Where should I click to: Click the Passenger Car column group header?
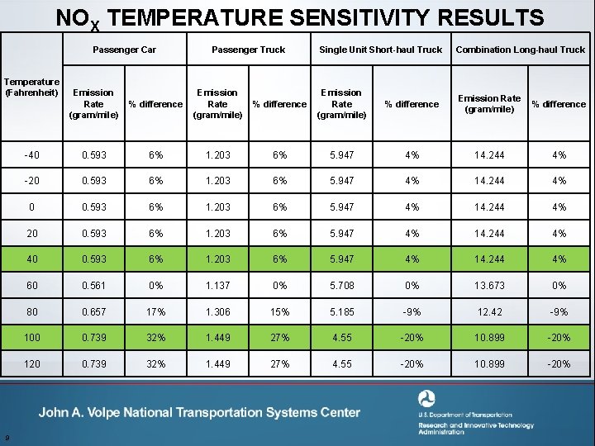[x=125, y=50]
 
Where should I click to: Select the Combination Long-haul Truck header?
[x=521, y=50]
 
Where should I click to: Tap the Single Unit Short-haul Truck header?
[x=381, y=50]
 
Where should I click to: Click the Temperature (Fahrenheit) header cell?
[x=32, y=88]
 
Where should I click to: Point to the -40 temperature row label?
[x=32, y=155]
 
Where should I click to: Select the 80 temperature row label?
[x=32, y=311]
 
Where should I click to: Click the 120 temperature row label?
[x=32, y=364]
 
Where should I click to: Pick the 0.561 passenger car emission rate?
[x=93, y=286]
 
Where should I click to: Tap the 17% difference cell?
[x=155, y=311]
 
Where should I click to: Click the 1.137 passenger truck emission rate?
[x=218, y=286]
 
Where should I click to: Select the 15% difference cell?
[x=279, y=311]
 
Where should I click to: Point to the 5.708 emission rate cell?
[x=342, y=286]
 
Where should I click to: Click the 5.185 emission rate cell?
[x=342, y=311]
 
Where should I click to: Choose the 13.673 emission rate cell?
[x=489, y=286]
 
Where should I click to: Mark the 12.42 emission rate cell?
[x=489, y=311]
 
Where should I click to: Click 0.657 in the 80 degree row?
[x=93, y=311]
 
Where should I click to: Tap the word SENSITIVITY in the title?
[x=360, y=17]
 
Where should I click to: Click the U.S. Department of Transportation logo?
[x=426, y=399]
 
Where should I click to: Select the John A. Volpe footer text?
[x=199, y=412]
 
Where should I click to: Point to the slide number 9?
[x=7, y=438]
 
